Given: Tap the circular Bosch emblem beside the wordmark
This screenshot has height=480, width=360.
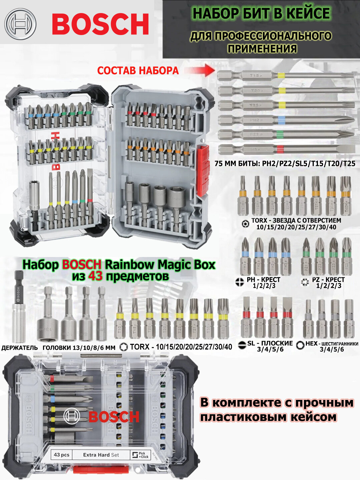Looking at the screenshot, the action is coord(20,24).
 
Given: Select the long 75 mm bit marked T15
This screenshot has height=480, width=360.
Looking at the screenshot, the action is coord(285,76).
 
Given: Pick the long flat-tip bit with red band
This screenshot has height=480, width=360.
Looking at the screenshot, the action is coord(285,149).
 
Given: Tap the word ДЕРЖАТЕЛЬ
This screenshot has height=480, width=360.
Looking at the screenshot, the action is coord(20,348).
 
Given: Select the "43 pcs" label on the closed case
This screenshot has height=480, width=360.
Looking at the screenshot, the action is coord(62,455).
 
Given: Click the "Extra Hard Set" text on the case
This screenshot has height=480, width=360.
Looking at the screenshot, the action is coord(101,455).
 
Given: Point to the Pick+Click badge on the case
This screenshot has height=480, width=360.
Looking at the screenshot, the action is coord(140,455).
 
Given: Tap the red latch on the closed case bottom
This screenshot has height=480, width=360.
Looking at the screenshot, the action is coord(100,470).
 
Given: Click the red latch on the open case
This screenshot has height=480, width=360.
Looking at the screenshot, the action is coord(203,170).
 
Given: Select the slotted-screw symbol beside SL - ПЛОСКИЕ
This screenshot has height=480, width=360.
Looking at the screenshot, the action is coord(243,345).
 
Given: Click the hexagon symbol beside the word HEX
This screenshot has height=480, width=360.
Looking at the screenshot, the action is coord(300,345).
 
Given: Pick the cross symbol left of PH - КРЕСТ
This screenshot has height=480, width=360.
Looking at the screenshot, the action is coord(239,282).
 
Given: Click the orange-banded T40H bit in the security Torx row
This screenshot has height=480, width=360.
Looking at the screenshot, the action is coord(346,195).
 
